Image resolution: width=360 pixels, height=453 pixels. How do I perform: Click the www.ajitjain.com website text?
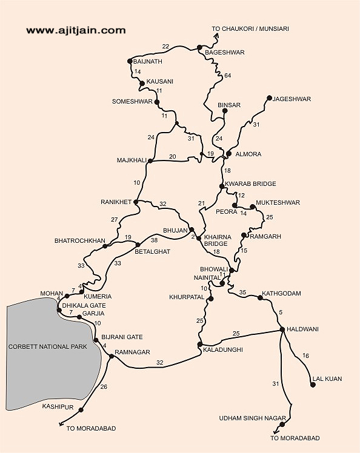[x=76, y=30]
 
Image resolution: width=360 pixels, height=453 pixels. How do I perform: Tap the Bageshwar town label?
[x=225, y=53]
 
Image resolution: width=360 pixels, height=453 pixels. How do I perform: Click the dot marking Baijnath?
[x=130, y=61]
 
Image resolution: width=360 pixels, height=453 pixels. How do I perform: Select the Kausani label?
[x=160, y=82]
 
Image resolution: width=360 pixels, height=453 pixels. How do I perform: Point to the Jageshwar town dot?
[x=269, y=98]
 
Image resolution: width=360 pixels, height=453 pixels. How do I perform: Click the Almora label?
[x=248, y=154]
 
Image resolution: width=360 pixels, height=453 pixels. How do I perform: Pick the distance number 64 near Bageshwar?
[x=227, y=76]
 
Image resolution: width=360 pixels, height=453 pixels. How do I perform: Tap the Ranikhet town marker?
[x=136, y=202]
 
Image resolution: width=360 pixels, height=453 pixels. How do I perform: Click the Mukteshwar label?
[x=278, y=202]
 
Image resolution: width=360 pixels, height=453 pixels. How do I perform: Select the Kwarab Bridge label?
[x=250, y=184]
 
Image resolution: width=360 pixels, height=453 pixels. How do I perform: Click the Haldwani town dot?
[x=282, y=329]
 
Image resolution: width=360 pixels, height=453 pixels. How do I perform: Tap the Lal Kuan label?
[x=327, y=379]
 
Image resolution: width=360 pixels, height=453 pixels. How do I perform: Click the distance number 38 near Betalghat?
[x=154, y=240]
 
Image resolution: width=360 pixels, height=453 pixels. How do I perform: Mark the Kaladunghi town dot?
[x=199, y=345]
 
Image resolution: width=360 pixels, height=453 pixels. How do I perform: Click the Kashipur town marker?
[x=81, y=410]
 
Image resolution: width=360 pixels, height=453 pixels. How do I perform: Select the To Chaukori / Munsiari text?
[x=250, y=28]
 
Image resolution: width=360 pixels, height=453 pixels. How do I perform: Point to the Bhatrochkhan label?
[x=80, y=241]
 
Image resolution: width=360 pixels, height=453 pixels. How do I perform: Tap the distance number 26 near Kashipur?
[x=104, y=387]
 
